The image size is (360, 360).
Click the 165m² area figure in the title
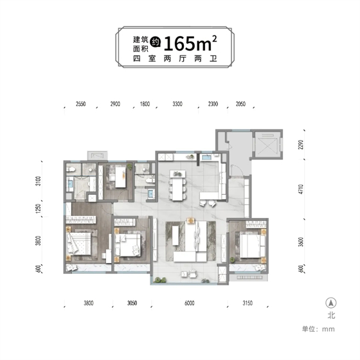pos(190,44)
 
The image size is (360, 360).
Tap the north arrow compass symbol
pos(331,303)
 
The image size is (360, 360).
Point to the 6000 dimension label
pos(190,303)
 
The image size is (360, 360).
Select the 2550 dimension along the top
pos(80,104)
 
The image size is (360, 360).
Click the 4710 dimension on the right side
pos(301,189)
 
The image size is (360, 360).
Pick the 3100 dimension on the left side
pos(38,181)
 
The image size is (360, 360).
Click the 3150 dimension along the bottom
pos(248,303)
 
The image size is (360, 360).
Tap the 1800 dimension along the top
pos(145,104)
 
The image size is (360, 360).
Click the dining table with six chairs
pos(177,185)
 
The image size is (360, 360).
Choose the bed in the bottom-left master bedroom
pos(79,244)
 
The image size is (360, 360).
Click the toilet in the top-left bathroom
pos(71,170)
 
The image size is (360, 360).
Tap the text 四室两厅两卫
pos(175,59)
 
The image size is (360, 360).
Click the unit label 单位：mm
pos(318,329)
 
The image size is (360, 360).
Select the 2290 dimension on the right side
pos(301,145)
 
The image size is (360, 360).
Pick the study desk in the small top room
pos(120,177)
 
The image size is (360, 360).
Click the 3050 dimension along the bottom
pos(132,303)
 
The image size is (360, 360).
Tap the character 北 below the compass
pos(331,315)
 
